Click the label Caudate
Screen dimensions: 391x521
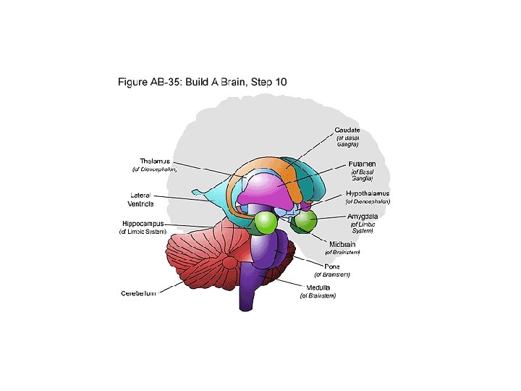click(347, 130)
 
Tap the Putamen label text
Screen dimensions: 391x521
click(361, 164)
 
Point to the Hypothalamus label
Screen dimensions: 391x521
click(367, 193)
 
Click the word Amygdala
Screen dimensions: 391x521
click(363, 216)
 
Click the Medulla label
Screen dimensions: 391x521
click(318, 287)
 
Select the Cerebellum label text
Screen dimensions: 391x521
click(139, 293)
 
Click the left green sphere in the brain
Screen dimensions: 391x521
click(266, 222)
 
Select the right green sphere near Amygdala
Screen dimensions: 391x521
click(304, 221)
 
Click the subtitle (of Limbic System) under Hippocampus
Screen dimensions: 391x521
click(143, 232)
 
